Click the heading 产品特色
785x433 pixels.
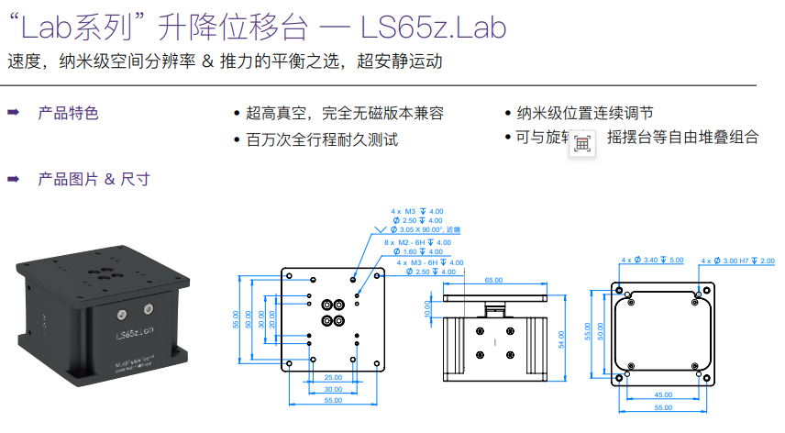(68, 114)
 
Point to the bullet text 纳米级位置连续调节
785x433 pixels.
(585, 114)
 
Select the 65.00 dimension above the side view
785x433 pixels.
(493, 280)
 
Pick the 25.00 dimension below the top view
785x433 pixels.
(333, 377)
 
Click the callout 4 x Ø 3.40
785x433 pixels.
(652, 261)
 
